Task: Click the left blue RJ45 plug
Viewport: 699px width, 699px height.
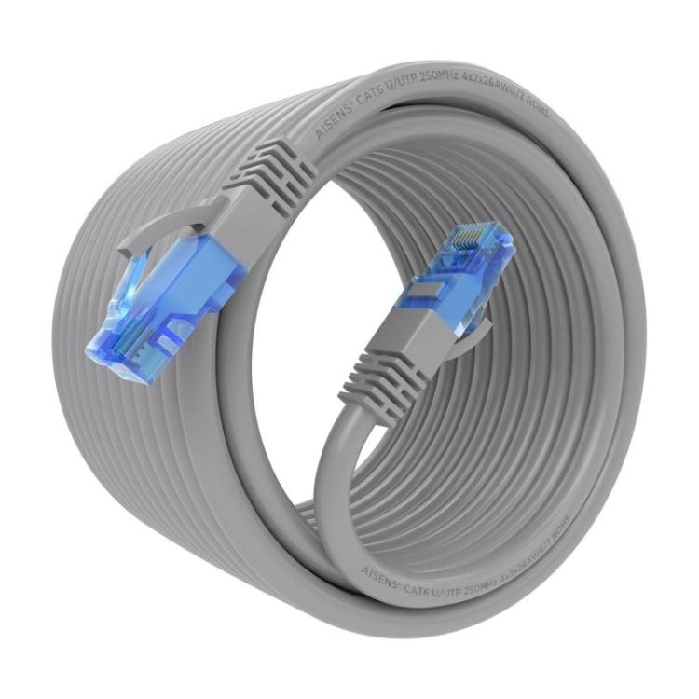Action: click(168, 298)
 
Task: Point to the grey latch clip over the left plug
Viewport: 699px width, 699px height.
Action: click(172, 224)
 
